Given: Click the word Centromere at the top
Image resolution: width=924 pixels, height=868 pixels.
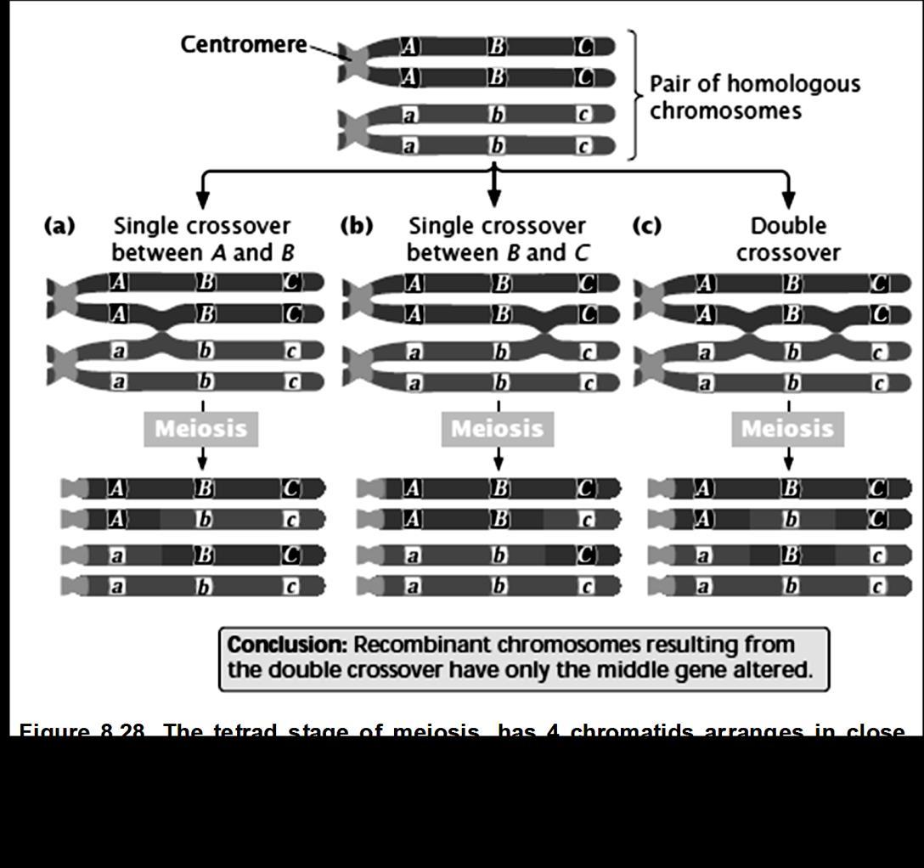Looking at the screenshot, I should point(243,44).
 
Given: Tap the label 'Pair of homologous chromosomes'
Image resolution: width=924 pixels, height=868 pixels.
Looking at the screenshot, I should point(754,97).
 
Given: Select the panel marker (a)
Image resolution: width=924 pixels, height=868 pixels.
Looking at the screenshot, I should point(59,226).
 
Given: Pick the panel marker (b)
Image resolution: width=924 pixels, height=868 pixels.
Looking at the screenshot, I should point(356,226).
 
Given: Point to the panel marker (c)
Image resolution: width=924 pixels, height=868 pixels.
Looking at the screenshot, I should point(647,226).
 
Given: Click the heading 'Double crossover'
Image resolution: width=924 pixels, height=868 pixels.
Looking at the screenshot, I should point(788,240).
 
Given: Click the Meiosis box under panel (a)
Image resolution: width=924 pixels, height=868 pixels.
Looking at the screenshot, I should point(201,429).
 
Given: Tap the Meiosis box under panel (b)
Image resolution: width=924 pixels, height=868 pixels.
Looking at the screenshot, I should point(497,429).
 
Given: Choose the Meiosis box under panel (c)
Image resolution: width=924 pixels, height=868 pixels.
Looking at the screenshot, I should point(787,429).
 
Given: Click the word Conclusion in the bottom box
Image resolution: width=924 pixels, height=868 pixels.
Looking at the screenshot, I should point(287,645).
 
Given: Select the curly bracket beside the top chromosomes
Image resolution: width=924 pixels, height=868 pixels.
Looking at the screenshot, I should point(634,94).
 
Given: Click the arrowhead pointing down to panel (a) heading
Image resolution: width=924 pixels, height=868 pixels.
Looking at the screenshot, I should point(202,200).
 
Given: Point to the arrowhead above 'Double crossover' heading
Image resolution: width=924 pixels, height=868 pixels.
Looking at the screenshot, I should point(788,200).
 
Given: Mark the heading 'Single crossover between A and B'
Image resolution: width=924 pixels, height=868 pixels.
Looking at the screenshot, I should point(202,240).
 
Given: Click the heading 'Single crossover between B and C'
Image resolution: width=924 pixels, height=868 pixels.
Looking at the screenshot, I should point(497,240).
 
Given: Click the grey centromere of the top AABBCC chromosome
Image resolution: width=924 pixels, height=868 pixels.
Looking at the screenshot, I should point(352,61).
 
